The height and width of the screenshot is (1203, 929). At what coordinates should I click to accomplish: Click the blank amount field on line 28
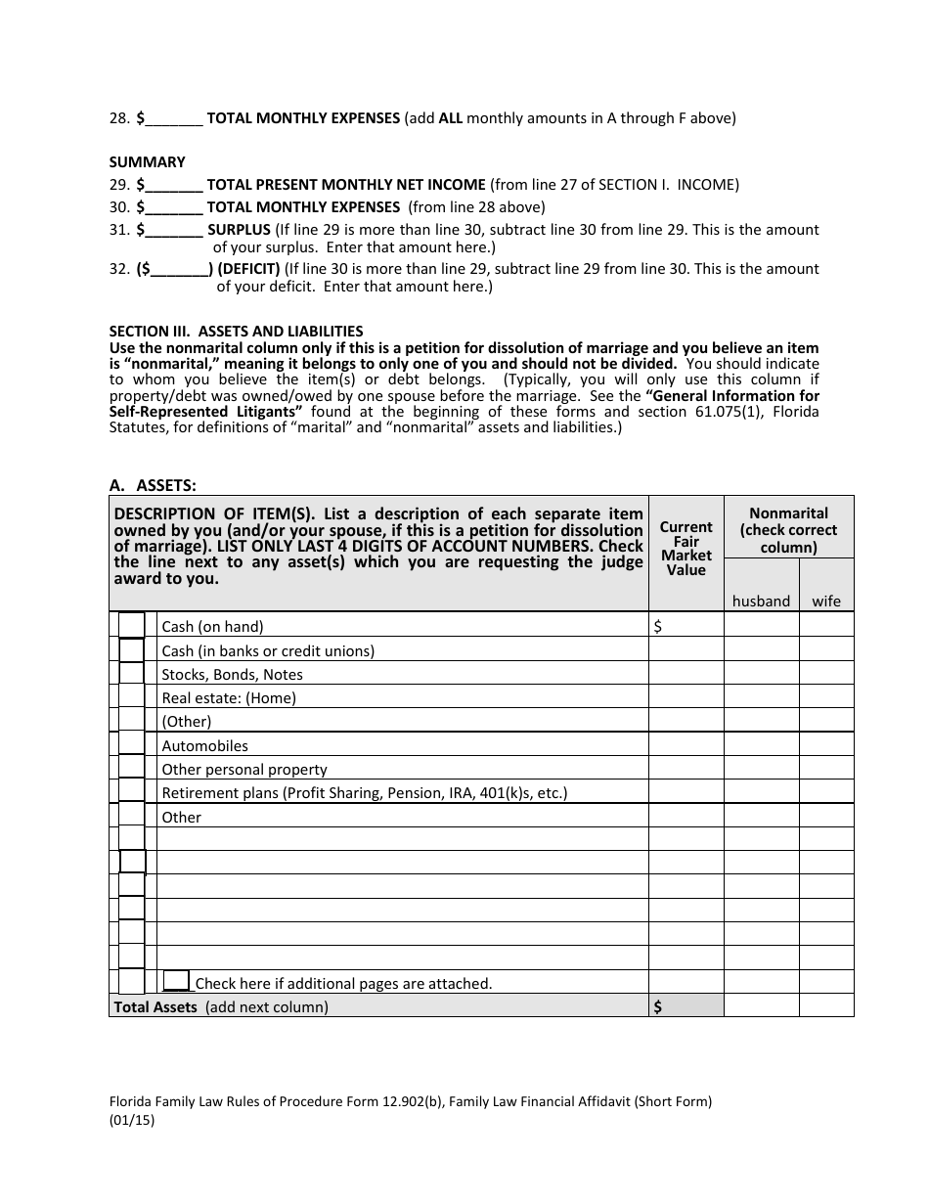click(x=176, y=119)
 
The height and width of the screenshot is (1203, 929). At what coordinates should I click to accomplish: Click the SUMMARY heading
click(x=147, y=162)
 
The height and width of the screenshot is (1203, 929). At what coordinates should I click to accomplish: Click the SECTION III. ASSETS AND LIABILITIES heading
click(x=236, y=332)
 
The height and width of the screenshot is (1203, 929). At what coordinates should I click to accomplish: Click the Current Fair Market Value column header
click(x=686, y=548)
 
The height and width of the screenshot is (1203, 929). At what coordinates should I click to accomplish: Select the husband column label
click(x=761, y=601)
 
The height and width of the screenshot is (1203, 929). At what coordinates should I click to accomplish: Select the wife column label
click(x=826, y=601)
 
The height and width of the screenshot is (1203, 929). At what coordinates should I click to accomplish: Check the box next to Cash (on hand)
click(x=131, y=626)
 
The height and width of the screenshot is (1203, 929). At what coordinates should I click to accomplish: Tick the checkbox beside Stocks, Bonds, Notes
click(x=131, y=673)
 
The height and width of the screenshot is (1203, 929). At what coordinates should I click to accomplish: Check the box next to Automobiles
click(x=131, y=744)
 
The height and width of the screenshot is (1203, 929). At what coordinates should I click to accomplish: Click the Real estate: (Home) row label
click(x=229, y=698)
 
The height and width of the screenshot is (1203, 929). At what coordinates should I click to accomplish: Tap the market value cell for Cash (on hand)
click(x=686, y=626)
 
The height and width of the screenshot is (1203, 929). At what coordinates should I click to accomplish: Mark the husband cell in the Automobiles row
click(x=761, y=745)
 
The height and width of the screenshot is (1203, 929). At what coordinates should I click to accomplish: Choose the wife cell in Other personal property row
click(x=826, y=769)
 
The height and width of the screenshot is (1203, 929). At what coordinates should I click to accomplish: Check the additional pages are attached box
click(x=177, y=980)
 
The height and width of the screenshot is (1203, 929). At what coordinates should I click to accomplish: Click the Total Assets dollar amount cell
click(x=686, y=1006)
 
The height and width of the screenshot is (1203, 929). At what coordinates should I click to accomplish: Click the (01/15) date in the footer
click(x=132, y=1122)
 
